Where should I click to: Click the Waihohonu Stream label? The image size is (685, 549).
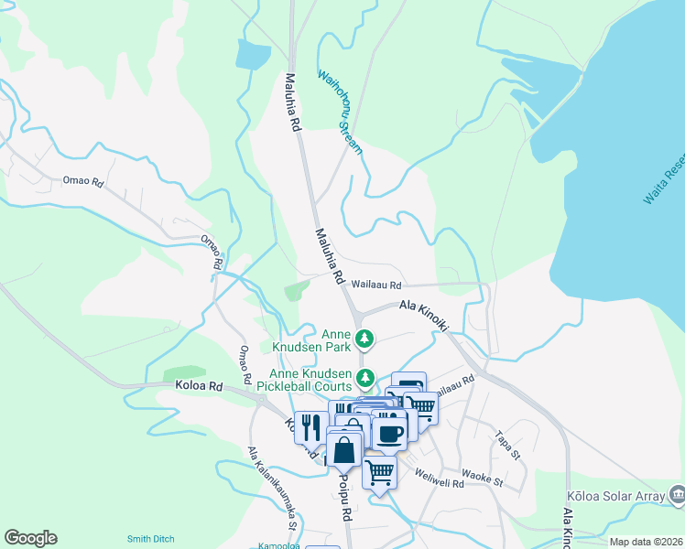point(341,111)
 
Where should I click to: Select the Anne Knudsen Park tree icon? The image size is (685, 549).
point(364,340)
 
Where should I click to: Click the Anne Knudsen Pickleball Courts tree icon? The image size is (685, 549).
point(365,377)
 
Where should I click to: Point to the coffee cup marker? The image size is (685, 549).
point(389,433)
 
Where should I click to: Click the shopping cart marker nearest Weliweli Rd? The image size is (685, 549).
point(379,473)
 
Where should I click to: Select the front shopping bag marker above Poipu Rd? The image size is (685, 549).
point(344,450)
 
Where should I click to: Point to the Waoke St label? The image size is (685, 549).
point(482,478)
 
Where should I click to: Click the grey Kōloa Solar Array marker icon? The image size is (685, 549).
point(677,495)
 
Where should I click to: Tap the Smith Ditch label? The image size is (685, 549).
point(151,539)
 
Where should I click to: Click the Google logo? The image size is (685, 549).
point(30,538)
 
